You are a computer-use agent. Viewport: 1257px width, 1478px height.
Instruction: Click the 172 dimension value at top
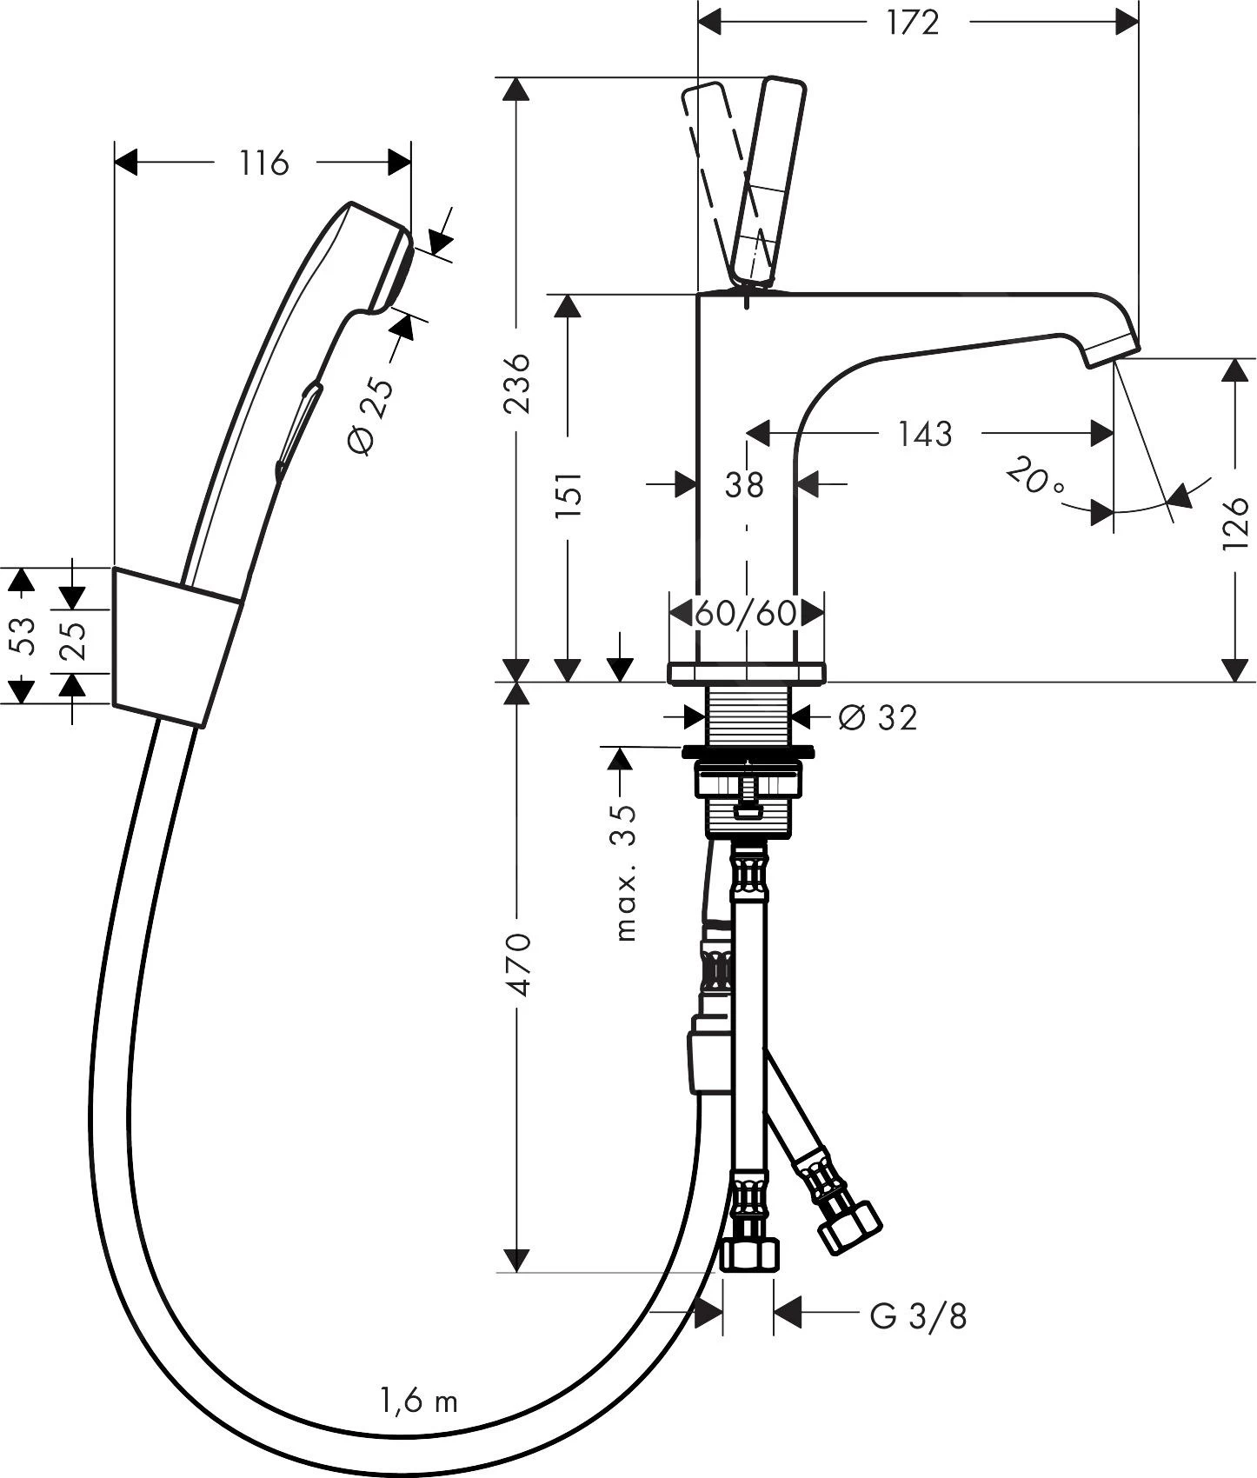coord(913,23)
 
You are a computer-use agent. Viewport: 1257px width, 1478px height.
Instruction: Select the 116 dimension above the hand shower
coord(264,163)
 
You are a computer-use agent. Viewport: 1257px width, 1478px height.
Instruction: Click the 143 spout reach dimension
coord(925,433)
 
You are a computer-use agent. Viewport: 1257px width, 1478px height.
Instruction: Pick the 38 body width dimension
coord(744,484)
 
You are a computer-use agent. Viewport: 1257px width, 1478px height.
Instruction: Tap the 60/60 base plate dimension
coord(746,613)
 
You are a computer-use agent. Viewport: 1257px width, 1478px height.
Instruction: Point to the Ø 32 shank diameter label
coord(878,717)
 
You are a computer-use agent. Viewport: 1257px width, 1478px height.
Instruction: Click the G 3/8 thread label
coord(918,1316)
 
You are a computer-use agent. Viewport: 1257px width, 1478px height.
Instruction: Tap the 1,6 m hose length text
coord(418,1401)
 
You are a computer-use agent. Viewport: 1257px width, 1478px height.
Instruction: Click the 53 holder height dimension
coord(23,635)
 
